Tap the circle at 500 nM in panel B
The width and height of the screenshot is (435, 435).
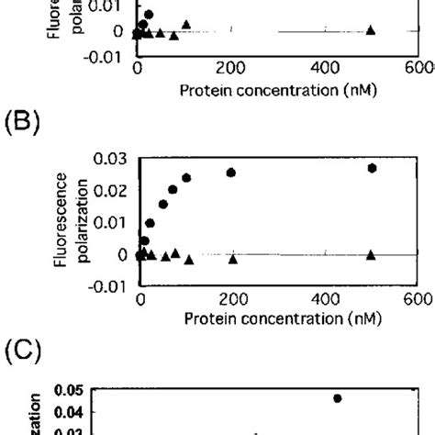click(x=372, y=168)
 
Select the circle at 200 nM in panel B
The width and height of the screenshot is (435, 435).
click(x=231, y=173)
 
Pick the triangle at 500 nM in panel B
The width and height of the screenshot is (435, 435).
click(x=372, y=254)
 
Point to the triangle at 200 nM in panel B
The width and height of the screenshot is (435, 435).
click(x=232, y=259)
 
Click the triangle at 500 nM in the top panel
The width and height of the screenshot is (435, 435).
click(x=371, y=29)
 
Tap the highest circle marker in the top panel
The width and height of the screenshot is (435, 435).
click(x=149, y=15)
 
